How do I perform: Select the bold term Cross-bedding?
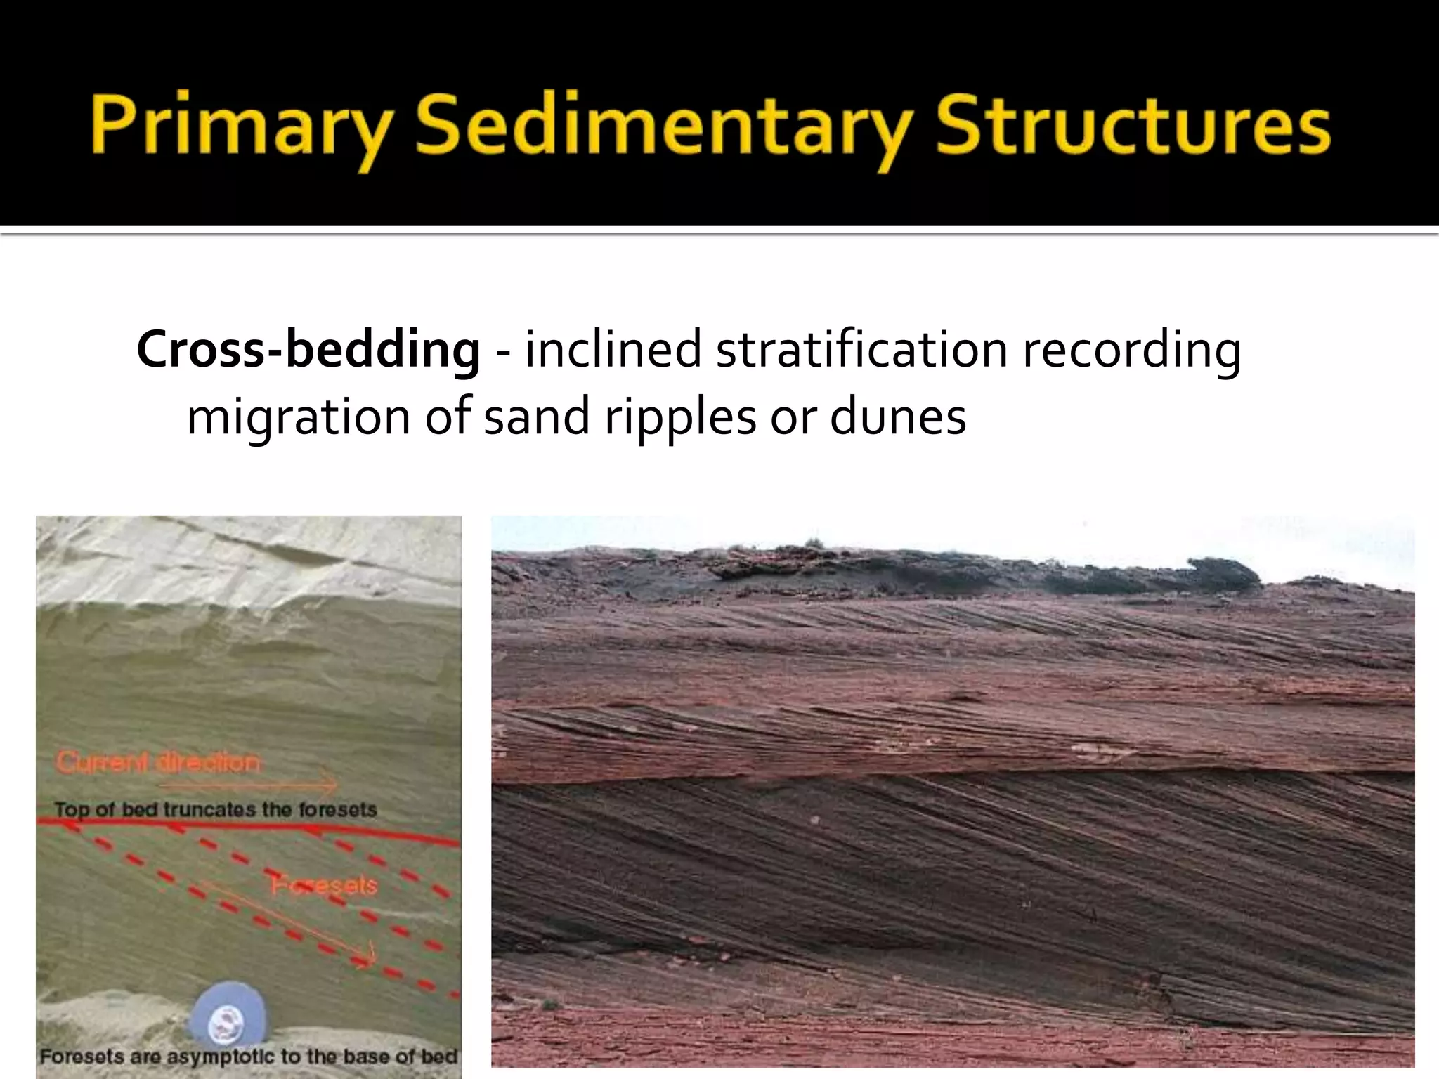(x=308, y=350)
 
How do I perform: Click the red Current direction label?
(x=157, y=762)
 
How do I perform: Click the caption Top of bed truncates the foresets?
(x=215, y=809)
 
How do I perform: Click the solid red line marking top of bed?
(x=246, y=829)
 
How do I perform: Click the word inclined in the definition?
(x=612, y=350)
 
